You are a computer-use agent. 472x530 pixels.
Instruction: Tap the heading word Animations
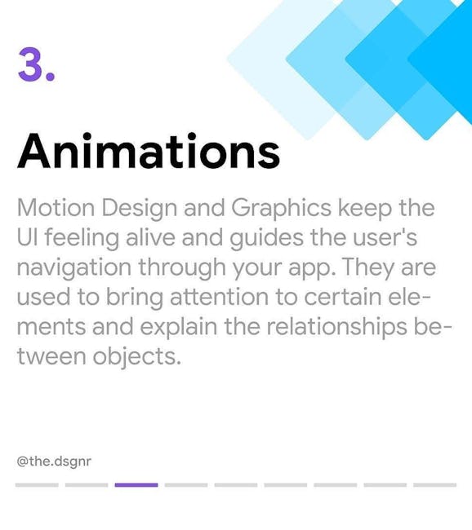[149, 151]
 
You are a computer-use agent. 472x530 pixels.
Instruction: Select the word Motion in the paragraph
[56, 208]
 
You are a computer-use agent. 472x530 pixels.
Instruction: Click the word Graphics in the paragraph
[282, 208]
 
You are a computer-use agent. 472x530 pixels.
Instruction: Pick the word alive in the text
[150, 237]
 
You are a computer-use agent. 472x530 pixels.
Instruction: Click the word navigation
[74, 267]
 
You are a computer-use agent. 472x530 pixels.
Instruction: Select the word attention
[219, 297]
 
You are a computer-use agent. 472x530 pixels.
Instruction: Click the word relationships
[337, 327]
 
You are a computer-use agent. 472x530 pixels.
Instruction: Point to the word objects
[136, 357]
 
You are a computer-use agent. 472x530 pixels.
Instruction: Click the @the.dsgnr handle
[54, 461]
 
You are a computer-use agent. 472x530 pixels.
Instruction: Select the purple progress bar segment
[136, 485]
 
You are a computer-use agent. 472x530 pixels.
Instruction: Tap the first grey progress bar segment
[37, 485]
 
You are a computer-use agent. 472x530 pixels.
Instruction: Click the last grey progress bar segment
[434, 485]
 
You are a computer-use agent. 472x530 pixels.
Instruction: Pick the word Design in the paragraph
[139, 208]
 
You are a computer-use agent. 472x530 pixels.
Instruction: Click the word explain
[179, 327]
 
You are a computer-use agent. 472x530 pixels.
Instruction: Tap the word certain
[343, 297]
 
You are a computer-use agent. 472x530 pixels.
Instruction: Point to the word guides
[266, 238]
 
